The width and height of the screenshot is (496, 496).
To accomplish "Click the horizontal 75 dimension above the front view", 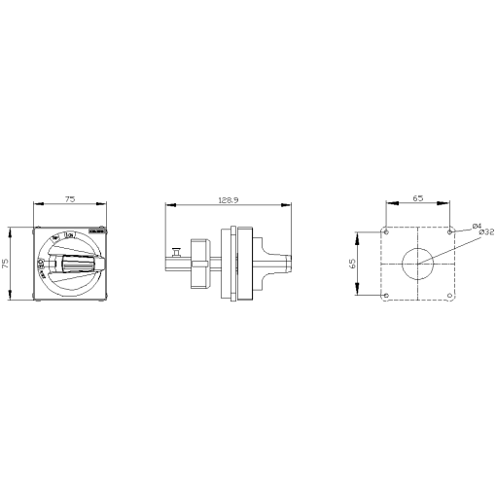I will pyautogui.click(x=71, y=198).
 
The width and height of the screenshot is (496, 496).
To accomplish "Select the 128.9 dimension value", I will pyautogui.click(x=230, y=198).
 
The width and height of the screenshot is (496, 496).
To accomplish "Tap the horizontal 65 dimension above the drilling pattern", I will pyautogui.click(x=417, y=198).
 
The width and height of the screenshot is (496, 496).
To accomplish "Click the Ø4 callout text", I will pyautogui.click(x=477, y=226).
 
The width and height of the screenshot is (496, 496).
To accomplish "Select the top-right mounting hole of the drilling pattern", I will pyautogui.click(x=449, y=231).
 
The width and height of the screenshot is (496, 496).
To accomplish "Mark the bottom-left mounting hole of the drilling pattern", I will pyautogui.click(x=386, y=295).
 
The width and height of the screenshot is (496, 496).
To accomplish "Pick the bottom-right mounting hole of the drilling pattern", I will pyautogui.click(x=449, y=295).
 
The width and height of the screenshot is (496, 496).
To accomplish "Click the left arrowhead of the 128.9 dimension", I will pyautogui.click(x=168, y=204).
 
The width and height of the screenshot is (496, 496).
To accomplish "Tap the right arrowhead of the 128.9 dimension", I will pyautogui.click(x=291, y=204).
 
